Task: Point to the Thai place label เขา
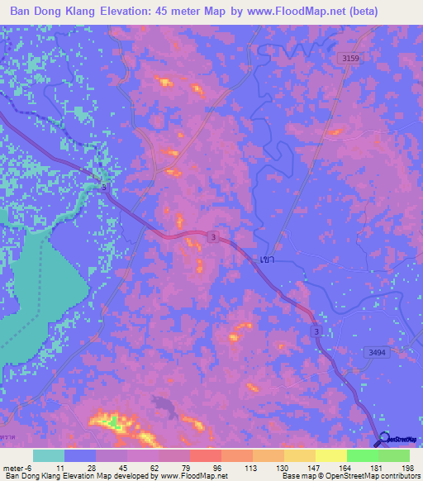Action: pyautogui.click(x=267, y=259)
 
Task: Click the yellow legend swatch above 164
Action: pyautogui.click(x=331, y=455)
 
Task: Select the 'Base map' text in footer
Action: pyautogui.click(x=293, y=476)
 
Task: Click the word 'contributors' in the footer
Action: pyautogui.click(x=398, y=476)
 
